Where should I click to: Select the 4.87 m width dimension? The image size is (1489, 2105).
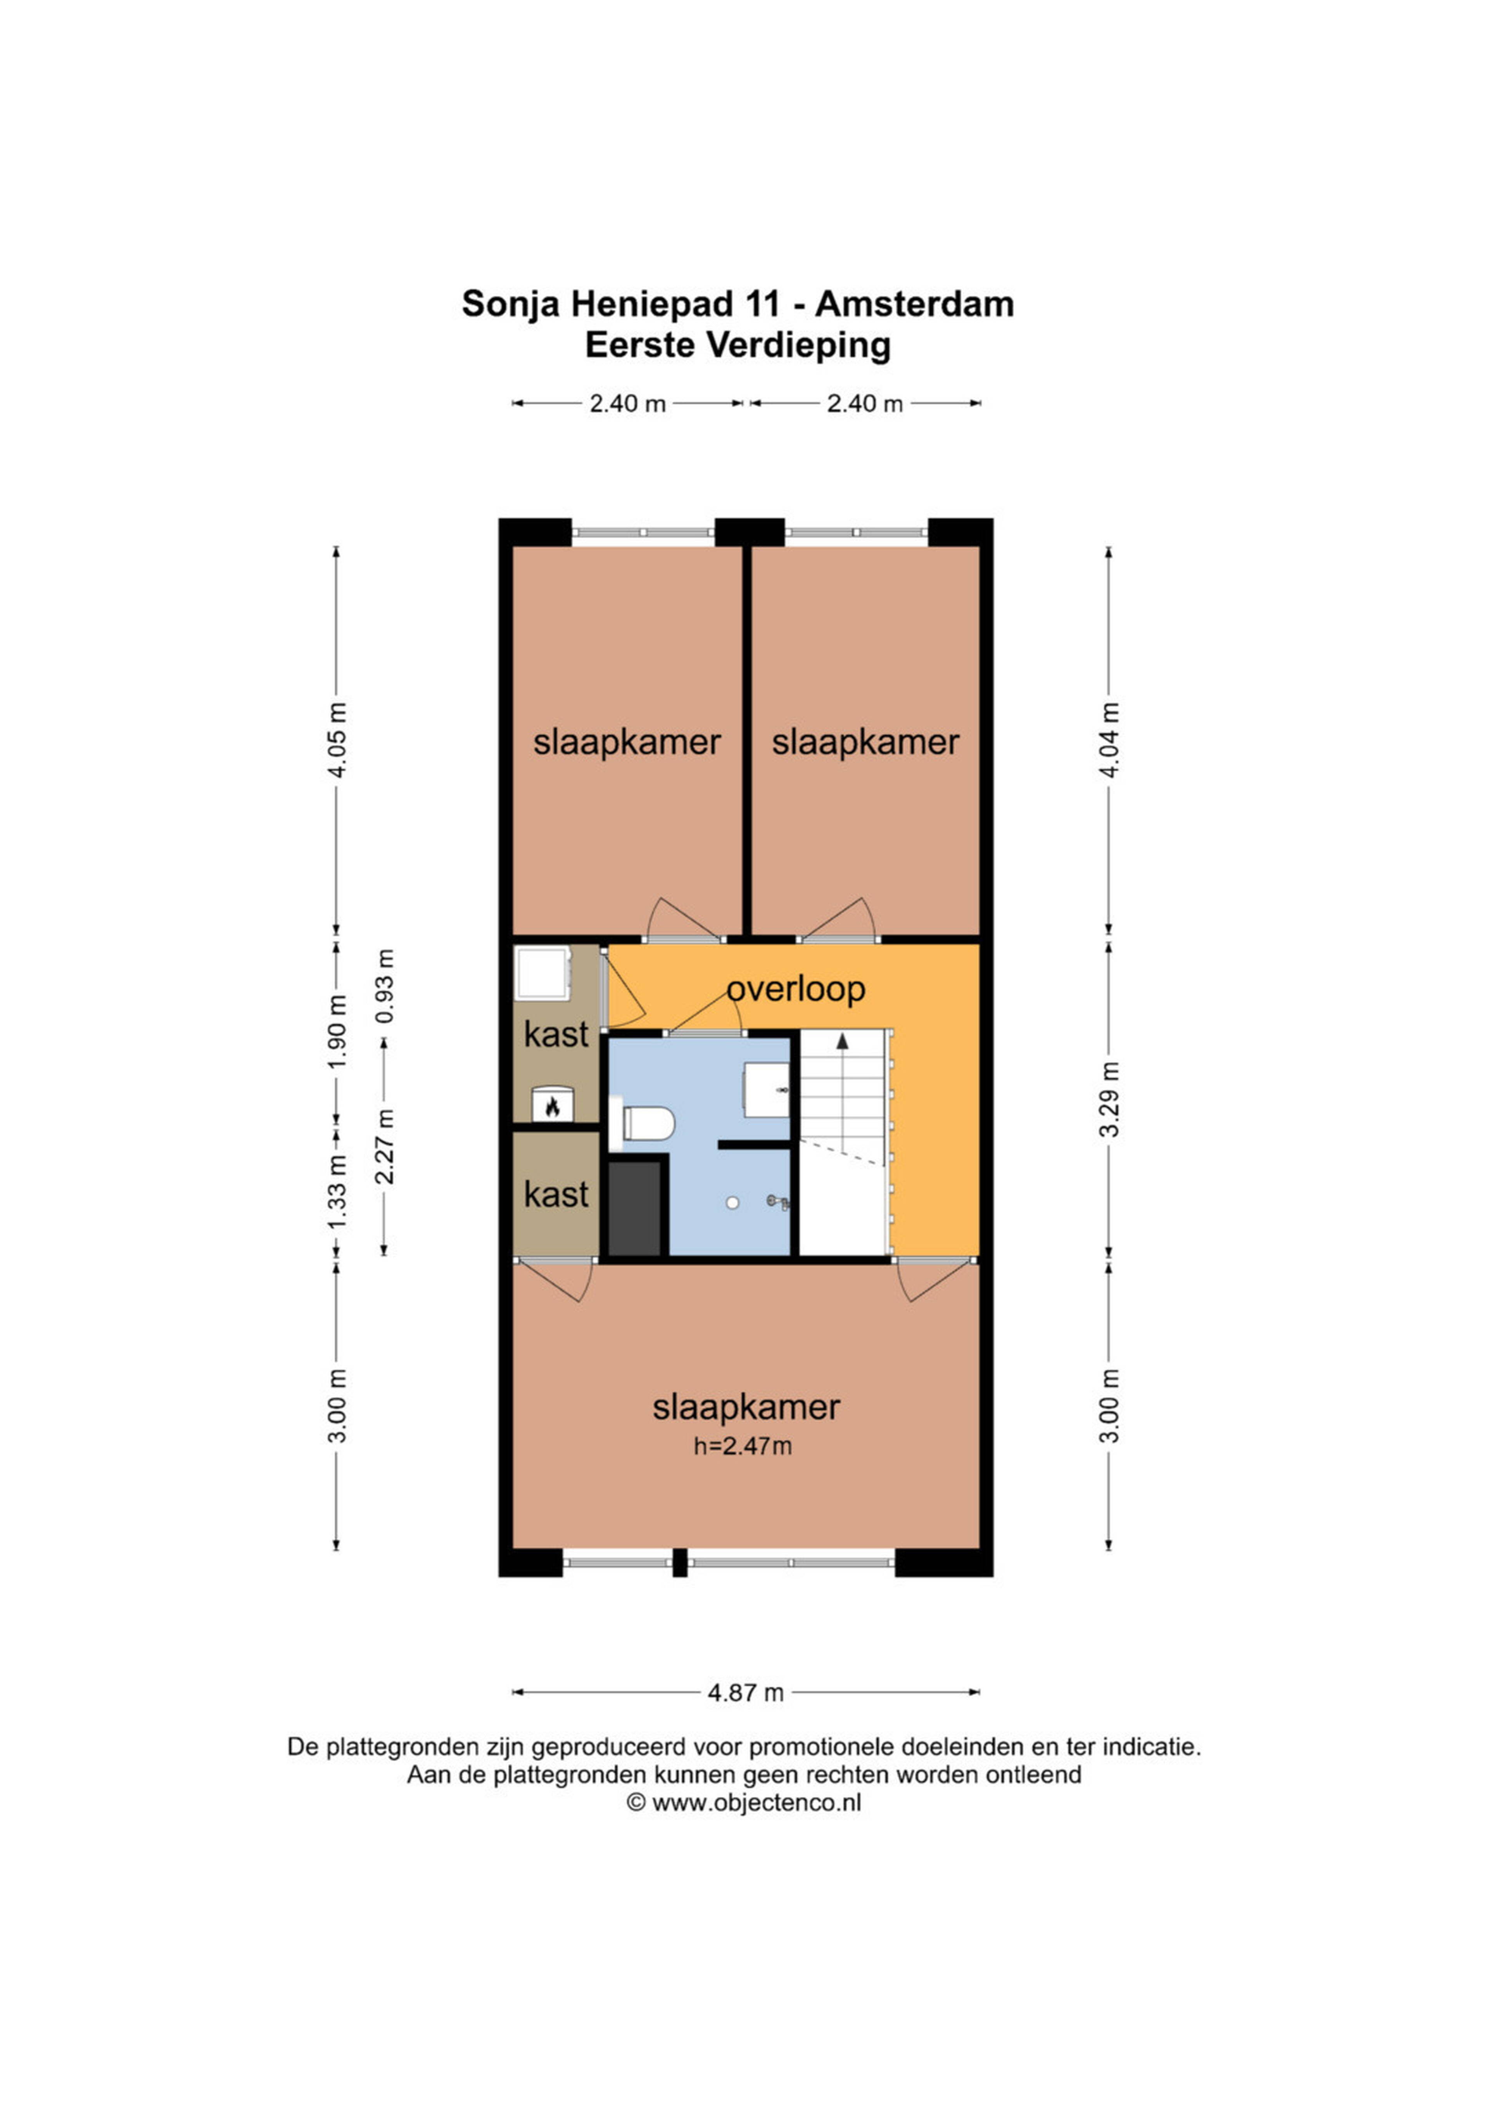[745, 1692]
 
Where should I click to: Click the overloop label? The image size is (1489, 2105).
[796, 989]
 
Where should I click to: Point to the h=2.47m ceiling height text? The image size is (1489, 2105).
[743, 1447]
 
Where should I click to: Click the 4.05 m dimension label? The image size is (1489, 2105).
[337, 741]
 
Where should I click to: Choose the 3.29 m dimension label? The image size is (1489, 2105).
[1109, 1100]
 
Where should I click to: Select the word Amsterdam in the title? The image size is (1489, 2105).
[914, 304]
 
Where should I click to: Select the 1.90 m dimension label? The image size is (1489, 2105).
[337, 1031]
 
